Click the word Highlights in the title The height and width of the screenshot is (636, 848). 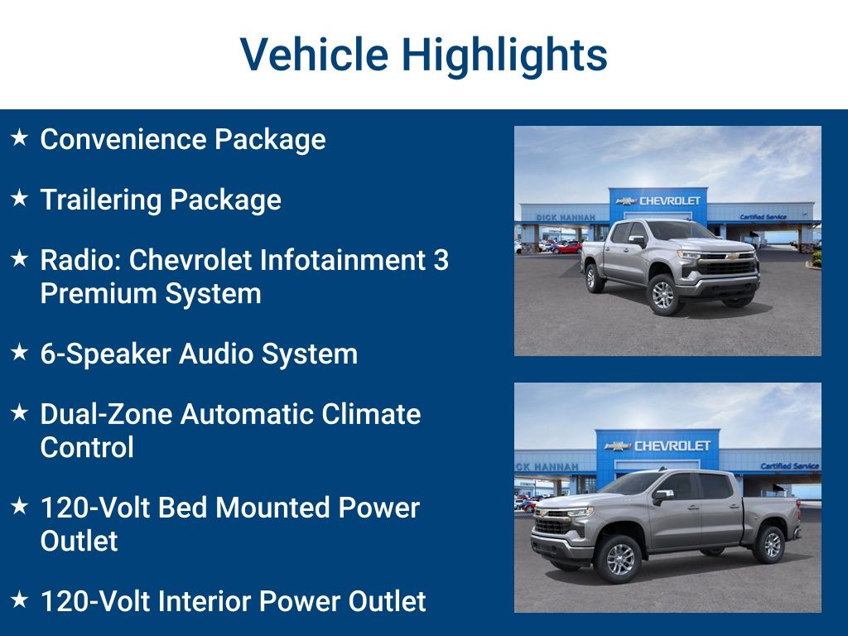[504, 55]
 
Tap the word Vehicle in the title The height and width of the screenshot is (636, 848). [314, 55]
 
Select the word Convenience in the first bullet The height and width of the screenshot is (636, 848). [123, 139]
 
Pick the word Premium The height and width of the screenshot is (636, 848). [94, 293]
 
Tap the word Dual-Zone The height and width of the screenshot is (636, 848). [106, 413]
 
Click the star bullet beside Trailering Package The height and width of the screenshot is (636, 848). [20, 199]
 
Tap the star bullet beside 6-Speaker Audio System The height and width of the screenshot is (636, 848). [20, 353]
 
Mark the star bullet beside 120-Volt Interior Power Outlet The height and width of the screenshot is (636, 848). [20, 600]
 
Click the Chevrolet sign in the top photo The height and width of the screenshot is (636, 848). [659, 200]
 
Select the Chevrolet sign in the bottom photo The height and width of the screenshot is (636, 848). [658, 446]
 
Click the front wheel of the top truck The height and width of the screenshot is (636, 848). [663, 295]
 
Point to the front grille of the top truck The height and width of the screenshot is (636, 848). [728, 267]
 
